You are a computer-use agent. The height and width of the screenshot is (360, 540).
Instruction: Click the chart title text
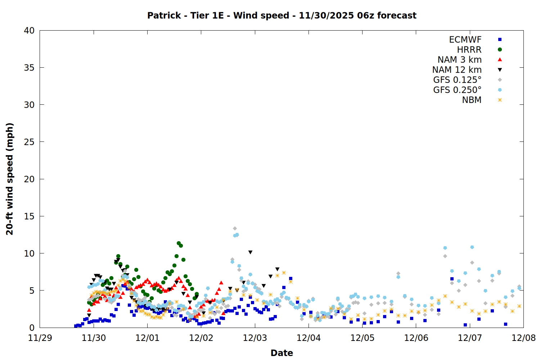(282, 15)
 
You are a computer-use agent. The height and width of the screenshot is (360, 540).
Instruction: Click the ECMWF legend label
(465, 40)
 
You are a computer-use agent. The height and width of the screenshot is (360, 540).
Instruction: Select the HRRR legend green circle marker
(500, 50)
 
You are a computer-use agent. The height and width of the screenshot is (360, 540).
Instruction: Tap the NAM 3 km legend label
(459, 60)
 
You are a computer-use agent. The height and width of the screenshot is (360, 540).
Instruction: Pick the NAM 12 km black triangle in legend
(500, 70)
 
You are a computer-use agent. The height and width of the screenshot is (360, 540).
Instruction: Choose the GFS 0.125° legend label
(457, 80)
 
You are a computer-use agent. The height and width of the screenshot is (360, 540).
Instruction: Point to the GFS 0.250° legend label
(457, 90)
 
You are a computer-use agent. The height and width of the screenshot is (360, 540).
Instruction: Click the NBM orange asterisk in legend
(500, 100)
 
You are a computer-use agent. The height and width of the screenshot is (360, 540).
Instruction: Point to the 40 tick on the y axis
(29, 31)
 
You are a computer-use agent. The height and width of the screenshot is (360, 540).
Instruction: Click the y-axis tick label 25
(29, 142)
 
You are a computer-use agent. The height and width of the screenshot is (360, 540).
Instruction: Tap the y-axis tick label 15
(29, 216)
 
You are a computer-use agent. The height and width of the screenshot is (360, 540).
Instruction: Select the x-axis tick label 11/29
(40, 338)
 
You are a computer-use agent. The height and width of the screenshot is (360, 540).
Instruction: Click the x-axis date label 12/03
(255, 338)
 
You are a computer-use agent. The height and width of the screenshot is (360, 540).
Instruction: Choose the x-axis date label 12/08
(523, 338)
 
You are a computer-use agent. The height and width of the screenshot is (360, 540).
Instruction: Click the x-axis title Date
(282, 353)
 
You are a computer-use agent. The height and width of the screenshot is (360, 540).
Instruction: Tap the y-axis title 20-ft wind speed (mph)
(10, 179)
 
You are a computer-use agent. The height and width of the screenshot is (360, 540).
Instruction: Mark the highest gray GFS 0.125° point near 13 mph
(235, 229)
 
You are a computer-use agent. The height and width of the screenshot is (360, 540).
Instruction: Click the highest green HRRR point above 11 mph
(179, 243)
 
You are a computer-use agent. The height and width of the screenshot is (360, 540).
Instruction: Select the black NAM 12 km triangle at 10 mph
(250, 252)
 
